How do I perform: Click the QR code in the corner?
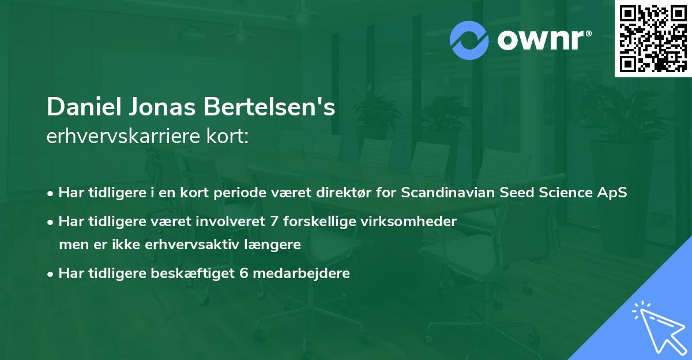[653, 39]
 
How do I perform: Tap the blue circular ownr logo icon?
[469, 40]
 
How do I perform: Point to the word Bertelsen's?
[271, 107]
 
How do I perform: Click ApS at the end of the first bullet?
[613, 193]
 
